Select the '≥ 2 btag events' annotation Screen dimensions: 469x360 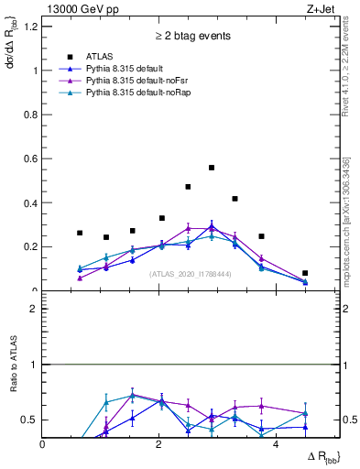point(193,38)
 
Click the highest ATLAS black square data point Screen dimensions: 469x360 point(212,168)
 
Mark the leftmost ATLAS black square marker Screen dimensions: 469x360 point(80,233)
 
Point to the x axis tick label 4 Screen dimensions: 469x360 point(276,444)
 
